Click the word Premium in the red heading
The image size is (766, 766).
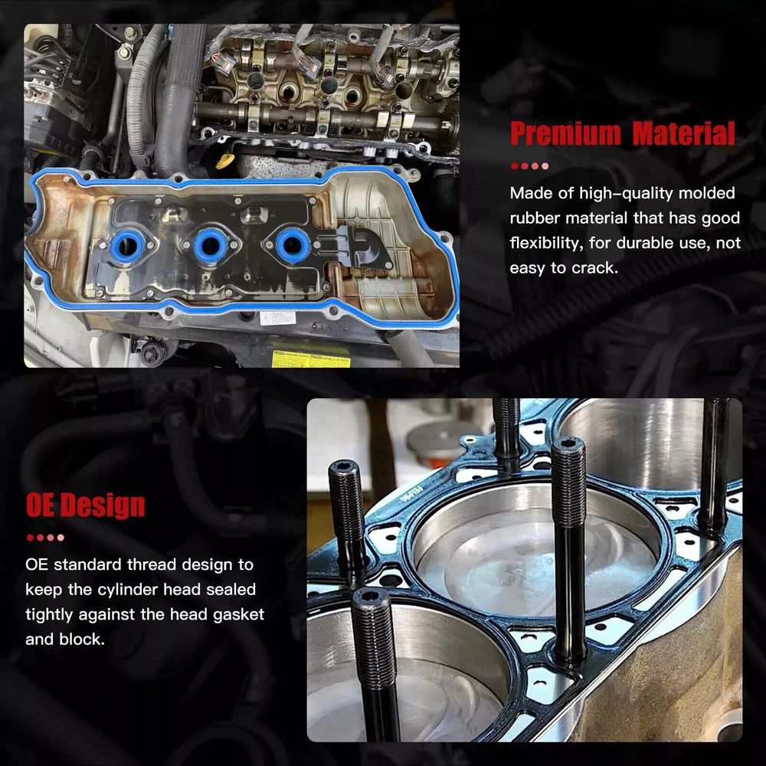pyautogui.click(x=565, y=133)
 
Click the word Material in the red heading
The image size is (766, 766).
pyautogui.click(x=684, y=133)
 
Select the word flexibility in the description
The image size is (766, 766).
pyautogui.click(x=546, y=244)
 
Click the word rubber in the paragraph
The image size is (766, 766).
pyautogui.click(x=534, y=218)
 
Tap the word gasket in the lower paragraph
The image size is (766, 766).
pyautogui.click(x=238, y=614)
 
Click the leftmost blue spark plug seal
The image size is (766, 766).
pyautogui.click(x=127, y=246)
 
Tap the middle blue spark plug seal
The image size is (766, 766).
pyautogui.click(x=210, y=244)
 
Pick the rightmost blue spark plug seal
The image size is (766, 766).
pyautogui.click(x=293, y=244)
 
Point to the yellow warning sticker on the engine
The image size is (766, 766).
pyautogui.click(x=311, y=358)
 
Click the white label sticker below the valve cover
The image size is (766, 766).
pyautogui.click(x=278, y=318)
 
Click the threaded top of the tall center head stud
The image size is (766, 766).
pyautogui.click(x=568, y=481)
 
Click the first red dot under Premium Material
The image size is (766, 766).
pyautogui.click(x=515, y=166)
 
